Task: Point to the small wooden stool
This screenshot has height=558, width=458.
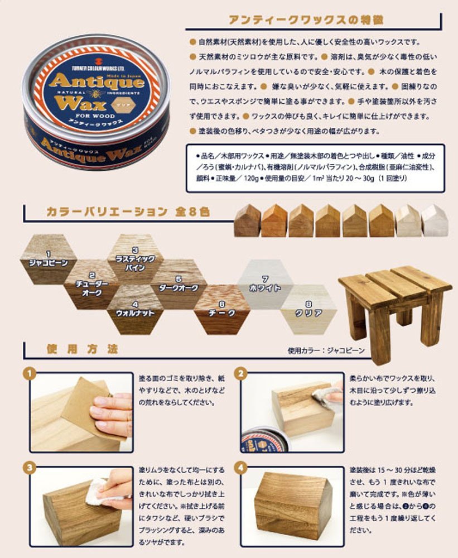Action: tap(394, 301)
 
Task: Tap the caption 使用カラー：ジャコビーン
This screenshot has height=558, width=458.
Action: tap(326, 351)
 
